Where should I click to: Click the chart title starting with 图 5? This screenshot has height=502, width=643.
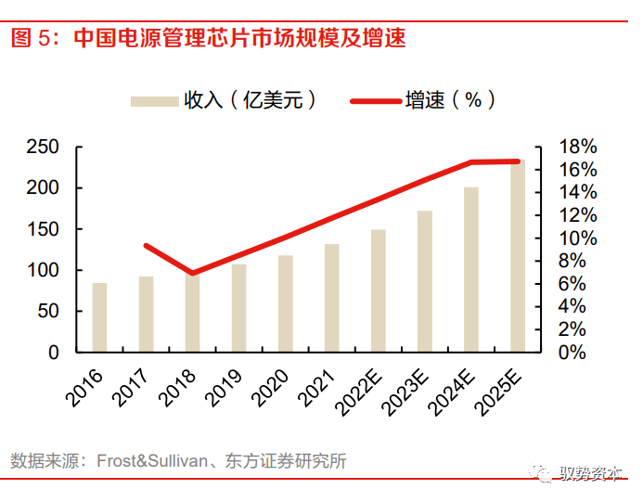208,38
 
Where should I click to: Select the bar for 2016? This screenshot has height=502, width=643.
99,317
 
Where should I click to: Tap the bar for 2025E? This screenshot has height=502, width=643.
517,256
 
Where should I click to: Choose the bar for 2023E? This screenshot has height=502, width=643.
425,281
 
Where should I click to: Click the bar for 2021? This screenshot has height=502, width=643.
331,298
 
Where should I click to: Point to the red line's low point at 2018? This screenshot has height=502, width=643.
192,273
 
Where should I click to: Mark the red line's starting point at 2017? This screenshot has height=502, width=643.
147,246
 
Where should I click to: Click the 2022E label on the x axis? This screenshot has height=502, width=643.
354,389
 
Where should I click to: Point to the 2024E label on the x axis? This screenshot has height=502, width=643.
447,389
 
